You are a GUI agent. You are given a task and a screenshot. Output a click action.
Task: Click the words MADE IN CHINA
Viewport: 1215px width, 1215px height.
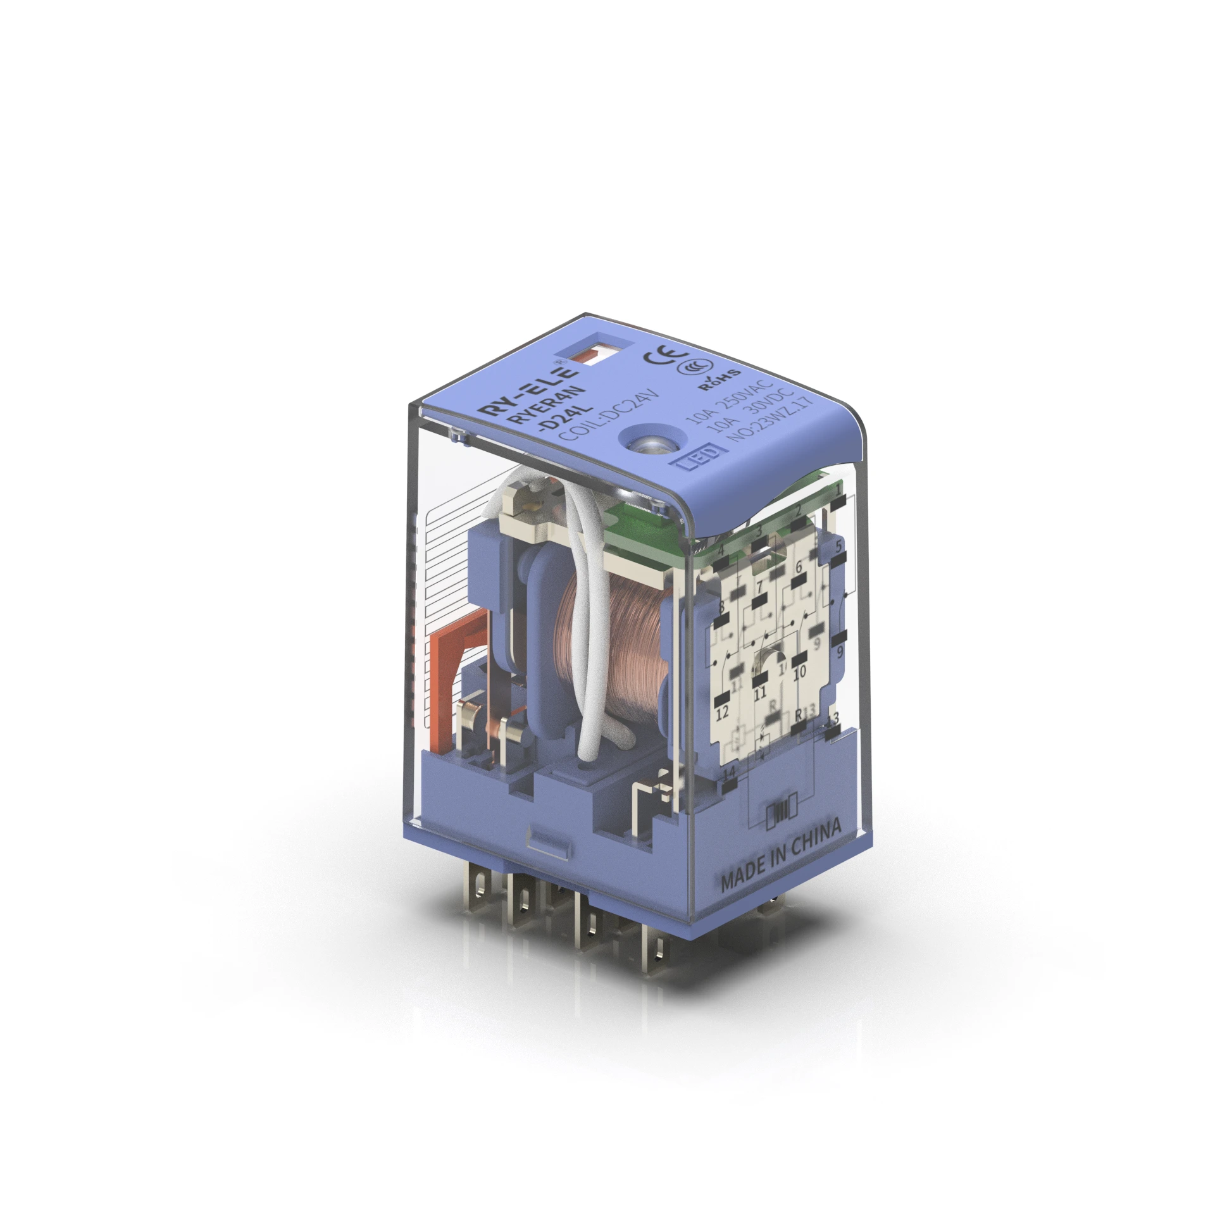click(x=781, y=855)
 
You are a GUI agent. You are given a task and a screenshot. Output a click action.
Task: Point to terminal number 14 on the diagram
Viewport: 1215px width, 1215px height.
click(x=730, y=773)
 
